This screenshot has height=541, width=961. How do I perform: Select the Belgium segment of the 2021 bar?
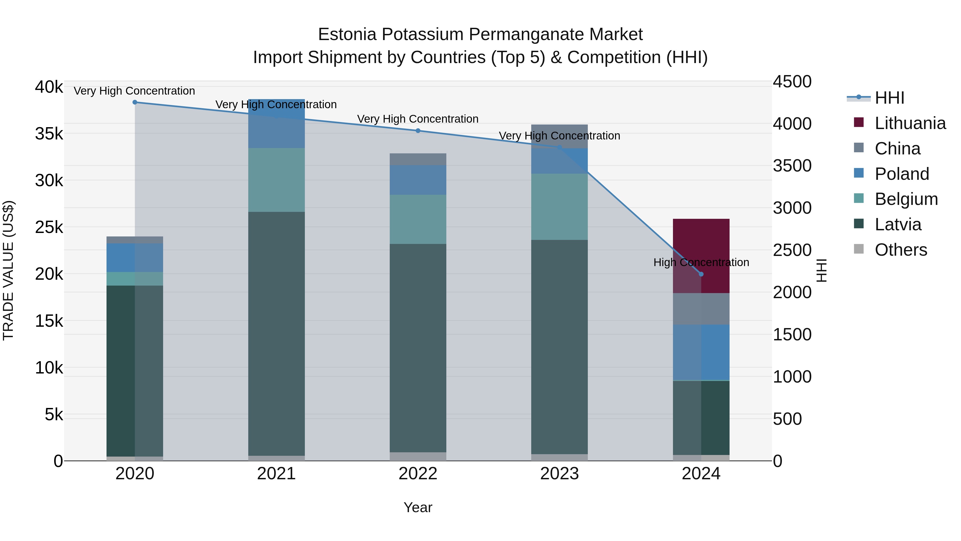pos(277,180)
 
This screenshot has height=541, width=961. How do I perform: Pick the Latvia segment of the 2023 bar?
pos(559,347)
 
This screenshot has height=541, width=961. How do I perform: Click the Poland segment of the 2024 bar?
pos(701,352)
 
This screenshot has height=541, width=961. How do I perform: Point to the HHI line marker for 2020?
pos(135,102)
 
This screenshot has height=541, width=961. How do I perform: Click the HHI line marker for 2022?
pos(418,131)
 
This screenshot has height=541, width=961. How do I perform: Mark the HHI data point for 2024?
pos(701,274)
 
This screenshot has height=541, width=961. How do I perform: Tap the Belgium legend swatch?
pos(859,198)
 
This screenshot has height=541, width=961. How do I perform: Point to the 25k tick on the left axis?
pos(49,227)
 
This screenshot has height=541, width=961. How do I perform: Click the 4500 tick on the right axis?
pos(792,82)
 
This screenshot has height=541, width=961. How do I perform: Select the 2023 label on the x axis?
pos(559,474)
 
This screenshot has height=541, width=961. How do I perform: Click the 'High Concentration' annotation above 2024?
pos(701,262)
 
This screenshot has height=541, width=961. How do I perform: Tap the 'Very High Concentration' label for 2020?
pos(134,91)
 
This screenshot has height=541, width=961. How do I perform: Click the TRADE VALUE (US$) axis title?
pos(9,270)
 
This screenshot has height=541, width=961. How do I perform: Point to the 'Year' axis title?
pos(418,507)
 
